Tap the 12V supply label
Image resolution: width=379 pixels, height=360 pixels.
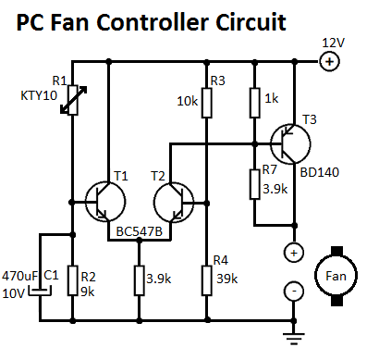(333, 43)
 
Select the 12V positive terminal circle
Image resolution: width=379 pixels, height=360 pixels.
(329, 62)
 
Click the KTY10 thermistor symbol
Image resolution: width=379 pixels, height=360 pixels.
(73, 100)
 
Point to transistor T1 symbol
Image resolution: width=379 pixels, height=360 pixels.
(105, 202)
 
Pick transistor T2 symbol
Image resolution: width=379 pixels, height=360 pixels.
(174, 203)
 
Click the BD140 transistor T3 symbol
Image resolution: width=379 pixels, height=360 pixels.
(290, 143)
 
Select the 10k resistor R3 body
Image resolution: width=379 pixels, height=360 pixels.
(207, 103)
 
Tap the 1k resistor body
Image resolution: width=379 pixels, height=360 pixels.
(254, 103)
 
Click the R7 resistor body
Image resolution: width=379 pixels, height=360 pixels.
(254, 184)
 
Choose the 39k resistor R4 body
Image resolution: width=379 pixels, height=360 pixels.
(207, 280)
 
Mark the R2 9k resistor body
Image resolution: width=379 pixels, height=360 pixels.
(73, 280)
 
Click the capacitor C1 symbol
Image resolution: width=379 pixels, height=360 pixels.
(40, 292)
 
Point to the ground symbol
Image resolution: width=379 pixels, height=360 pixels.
(294, 338)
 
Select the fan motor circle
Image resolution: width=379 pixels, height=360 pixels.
(336, 276)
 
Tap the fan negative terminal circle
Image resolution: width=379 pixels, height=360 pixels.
(294, 292)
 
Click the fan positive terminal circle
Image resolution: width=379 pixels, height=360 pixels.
(294, 253)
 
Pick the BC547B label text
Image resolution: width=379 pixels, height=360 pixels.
(140, 231)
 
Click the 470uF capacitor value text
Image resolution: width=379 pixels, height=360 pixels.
(19, 276)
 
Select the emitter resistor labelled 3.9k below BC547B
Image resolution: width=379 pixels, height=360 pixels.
(140, 280)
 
